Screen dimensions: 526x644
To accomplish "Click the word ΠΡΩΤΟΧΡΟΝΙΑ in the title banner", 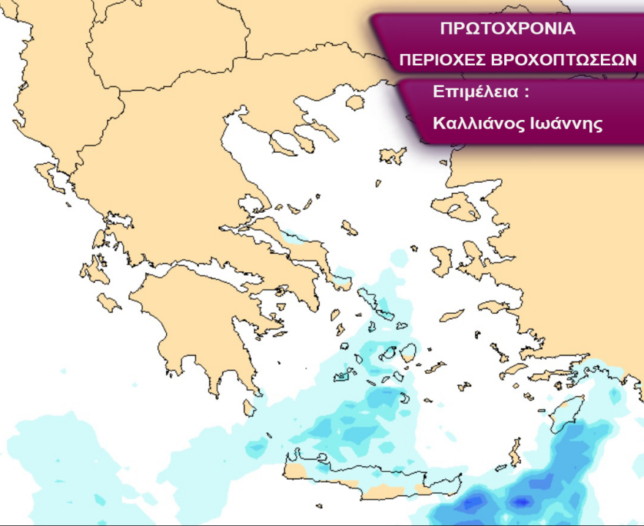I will pyautogui.click(x=508, y=29).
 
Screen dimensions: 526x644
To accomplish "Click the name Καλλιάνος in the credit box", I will pyautogui.click(x=476, y=123).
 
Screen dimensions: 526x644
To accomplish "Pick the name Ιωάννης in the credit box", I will pyautogui.click(x=566, y=123).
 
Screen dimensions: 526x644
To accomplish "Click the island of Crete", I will pyautogui.click(x=366, y=476).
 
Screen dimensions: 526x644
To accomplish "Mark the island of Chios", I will pyautogui.click(x=442, y=260).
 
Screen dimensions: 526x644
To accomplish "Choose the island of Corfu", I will pyautogui.click(x=50, y=176).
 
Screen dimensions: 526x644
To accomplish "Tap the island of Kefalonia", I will pyautogui.click(x=95, y=271).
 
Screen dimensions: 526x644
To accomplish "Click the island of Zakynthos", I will pyautogui.click(x=110, y=302).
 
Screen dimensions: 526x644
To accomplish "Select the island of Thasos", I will pyautogui.click(x=355, y=102).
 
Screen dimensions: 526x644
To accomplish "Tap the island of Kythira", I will pyautogui.click(x=250, y=407).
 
